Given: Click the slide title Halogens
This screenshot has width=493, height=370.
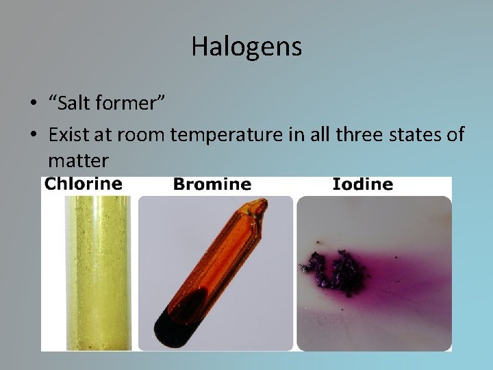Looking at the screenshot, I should pos(246,47).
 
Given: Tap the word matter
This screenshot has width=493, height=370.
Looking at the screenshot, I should pos(78,161).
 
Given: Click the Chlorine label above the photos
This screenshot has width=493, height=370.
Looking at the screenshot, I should pos(84,184).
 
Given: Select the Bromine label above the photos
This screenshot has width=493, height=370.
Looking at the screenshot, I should pos(212,184).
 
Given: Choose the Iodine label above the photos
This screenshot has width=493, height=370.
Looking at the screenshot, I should pos(363,184).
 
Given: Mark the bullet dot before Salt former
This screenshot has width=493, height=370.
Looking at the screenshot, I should pos(33,105).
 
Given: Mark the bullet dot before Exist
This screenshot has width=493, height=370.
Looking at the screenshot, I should pos(33,136).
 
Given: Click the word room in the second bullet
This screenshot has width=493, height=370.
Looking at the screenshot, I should pos(142,135).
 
